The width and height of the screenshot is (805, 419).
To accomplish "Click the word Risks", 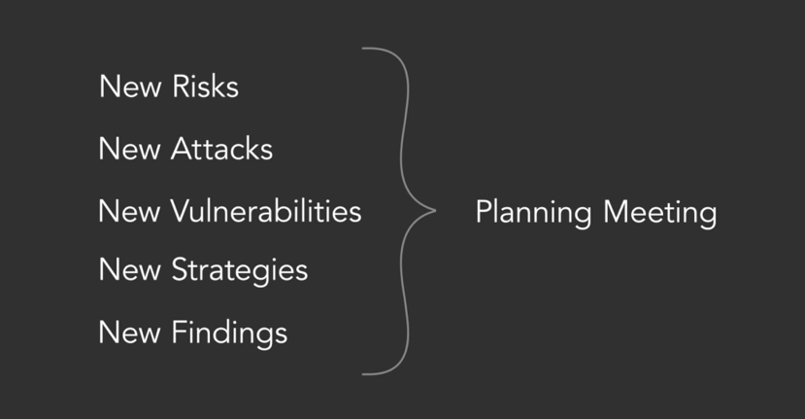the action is point(205,87).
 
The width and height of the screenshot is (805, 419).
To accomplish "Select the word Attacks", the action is point(221,149).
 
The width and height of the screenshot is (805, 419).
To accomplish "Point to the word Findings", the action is point(229,333).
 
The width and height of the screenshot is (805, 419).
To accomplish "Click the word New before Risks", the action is point(130,87).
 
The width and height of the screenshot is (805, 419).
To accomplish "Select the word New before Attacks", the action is point(130,149).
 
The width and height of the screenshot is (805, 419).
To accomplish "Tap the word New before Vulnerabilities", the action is point(130,211).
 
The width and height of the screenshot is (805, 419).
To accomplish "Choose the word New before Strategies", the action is point(130,270).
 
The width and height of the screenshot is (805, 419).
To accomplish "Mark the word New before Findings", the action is point(130,333).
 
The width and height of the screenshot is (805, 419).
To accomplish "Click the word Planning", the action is point(532,213).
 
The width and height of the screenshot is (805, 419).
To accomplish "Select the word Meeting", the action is point(658,212).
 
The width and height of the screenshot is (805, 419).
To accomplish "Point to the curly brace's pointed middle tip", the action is point(434,210).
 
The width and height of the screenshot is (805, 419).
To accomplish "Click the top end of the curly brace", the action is point(364,49).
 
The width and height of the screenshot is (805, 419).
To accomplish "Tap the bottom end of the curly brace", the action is point(364,373).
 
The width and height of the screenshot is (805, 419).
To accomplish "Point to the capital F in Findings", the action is point(179,333).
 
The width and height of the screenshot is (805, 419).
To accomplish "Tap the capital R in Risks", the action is point(180,87).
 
